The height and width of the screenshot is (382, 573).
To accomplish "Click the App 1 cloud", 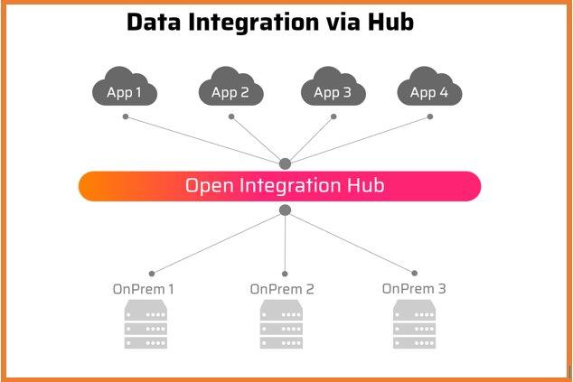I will pyautogui.click(x=125, y=89).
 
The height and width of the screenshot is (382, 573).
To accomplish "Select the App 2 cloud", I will pyautogui.click(x=230, y=89).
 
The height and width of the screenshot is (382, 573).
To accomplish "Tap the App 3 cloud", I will pyautogui.click(x=333, y=89).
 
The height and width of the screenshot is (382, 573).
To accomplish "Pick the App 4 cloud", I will pyautogui.click(x=429, y=89).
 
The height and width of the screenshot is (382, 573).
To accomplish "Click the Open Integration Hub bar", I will pyautogui.click(x=280, y=186).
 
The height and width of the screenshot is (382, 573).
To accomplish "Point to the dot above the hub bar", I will pyautogui.click(x=285, y=163).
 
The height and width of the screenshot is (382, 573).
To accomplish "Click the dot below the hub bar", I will pyautogui.click(x=285, y=210).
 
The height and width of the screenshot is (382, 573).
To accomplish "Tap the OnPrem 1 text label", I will pyautogui.click(x=144, y=289).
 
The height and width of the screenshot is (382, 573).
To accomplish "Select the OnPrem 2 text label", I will pyautogui.click(x=282, y=289).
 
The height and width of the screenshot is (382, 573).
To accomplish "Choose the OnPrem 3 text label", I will pyautogui.click(x=414, y=289).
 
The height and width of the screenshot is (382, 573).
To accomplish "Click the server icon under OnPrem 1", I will pyautogui.click(x=146, y=324).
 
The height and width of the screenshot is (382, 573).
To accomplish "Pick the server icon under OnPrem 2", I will pyautogui.click(x=282, y=324).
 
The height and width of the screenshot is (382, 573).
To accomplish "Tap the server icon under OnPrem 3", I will pyautogui.click(x=415, y=324).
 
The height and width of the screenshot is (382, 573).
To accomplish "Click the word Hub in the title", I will pyautogui.click(x=390, y=23).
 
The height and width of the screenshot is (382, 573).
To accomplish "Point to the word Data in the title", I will pyautogui.click(x=155, y=23).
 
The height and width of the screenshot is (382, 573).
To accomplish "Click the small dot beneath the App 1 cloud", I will pyautogui.click(x=126, y=116).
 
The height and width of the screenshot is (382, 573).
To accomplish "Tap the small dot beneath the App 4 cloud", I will pyautogui.click(x=430, y=116).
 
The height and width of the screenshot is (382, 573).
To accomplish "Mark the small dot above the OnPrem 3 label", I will pyautogui.click(x=416, y=273).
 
